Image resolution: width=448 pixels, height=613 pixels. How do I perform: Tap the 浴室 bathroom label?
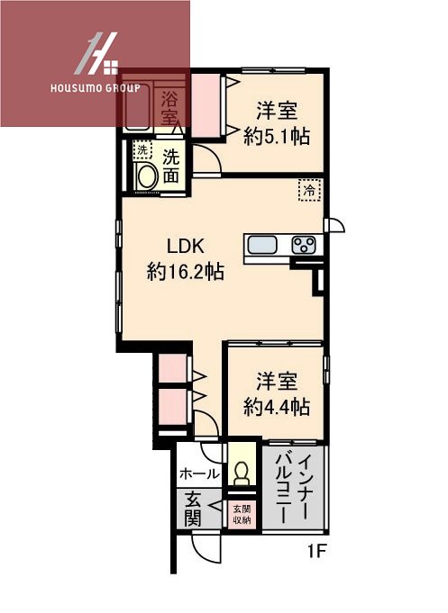169,108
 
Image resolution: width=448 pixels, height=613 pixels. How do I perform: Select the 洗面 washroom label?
170,166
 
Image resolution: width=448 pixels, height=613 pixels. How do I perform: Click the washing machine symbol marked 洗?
142,150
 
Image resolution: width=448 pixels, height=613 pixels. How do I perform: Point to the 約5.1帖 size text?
278,136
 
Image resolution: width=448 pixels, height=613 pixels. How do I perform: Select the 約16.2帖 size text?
186,271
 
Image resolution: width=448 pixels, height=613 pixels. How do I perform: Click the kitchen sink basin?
264,245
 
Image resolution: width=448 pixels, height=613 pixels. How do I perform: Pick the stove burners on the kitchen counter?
304,245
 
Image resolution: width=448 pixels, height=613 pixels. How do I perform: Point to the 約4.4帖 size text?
277,406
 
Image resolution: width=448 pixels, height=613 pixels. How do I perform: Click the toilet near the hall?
242,471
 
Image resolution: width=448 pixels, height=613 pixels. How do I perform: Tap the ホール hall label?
198,473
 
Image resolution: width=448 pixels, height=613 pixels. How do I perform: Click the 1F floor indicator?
314,550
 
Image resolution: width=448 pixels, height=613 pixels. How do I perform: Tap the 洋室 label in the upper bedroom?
277,112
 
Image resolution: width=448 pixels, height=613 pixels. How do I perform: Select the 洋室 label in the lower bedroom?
277,381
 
